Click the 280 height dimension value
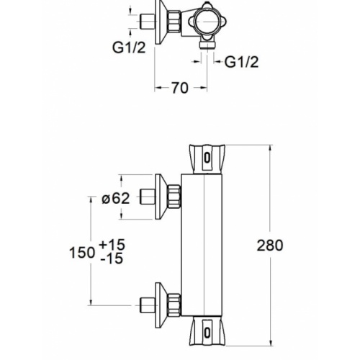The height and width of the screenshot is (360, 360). (x=270, y=246)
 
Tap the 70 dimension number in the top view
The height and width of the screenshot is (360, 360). (x=180, y=88)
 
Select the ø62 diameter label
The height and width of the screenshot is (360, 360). (x=114, y=199)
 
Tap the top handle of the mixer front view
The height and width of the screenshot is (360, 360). (x=207, y=158)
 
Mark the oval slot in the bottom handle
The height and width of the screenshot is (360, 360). (x=208, y=332)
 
